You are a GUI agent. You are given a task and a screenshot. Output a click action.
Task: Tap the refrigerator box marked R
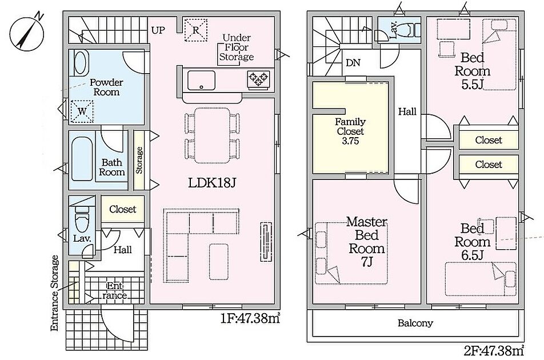[195, 30]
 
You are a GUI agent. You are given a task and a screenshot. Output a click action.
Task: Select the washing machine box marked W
[82, 111]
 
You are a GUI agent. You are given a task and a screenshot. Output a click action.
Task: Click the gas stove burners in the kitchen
[258, 79]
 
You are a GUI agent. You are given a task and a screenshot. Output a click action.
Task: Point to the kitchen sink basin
[201, 81]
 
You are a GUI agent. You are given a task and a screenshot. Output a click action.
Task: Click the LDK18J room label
[212, 183]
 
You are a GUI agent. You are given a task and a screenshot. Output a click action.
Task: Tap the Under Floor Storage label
[236, 47]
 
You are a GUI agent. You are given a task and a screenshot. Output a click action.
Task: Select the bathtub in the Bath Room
[82, 159]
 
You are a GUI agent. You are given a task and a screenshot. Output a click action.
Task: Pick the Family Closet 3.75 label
[350, 131]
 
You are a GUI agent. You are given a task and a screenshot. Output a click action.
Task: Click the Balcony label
[415, 323]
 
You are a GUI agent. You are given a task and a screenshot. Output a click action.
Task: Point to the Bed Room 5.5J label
[472, 71]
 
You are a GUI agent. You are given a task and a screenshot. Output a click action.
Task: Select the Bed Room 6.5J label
[472, 241]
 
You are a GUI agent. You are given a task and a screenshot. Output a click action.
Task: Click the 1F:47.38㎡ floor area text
[250, 318]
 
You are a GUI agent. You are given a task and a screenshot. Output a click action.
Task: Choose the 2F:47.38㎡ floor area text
[494, 351]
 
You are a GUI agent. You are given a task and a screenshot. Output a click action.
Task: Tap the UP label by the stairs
[158, 30]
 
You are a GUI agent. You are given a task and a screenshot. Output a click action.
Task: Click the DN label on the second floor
[353, 63]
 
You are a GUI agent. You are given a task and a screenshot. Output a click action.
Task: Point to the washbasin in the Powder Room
[80, 62]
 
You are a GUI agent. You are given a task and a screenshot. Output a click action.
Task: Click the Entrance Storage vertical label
[55, 293]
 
